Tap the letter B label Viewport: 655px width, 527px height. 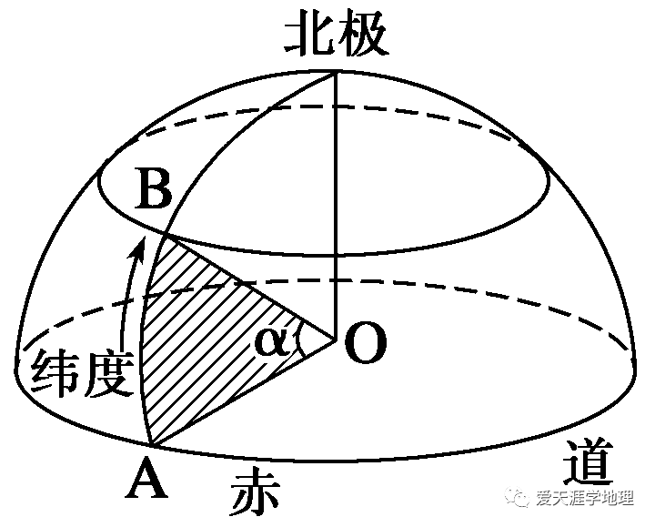coord(152,193)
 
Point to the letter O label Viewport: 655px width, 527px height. coord(366,345)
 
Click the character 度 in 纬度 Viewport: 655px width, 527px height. coord(114,374)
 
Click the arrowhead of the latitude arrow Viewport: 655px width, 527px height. coord(138,243)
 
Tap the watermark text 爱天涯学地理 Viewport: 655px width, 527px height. coord(591,499)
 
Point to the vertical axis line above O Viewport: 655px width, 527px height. coord(338,200)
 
